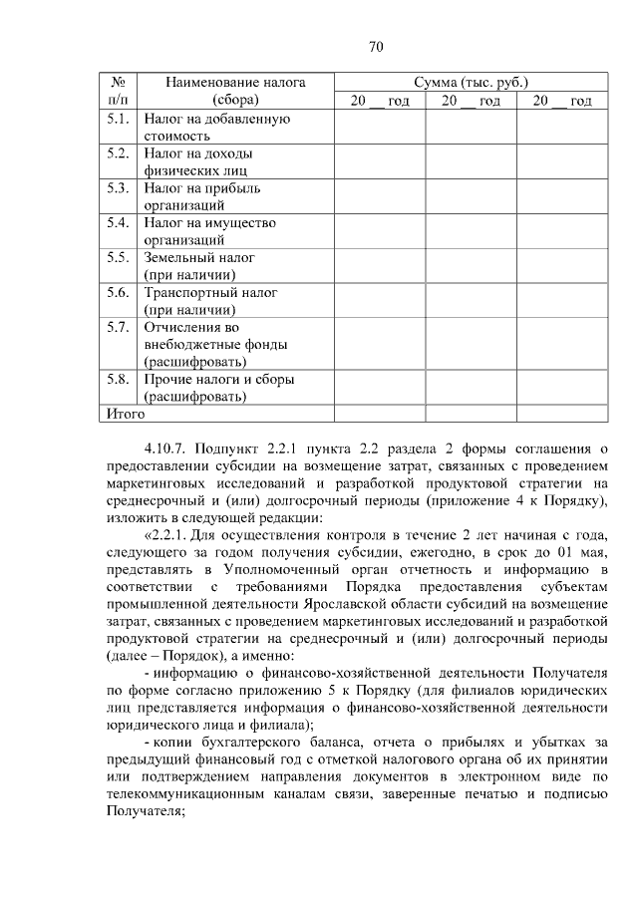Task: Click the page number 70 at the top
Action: (x=376, y=47)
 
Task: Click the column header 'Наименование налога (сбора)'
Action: (x=235, y=91)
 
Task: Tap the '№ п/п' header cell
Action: (x=118, y=91)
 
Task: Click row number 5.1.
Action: (x=118, y=120)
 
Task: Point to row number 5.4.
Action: (x=118, y=222)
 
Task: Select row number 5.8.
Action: (x=118, y=379)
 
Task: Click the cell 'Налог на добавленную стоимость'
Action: (x=217, y=128)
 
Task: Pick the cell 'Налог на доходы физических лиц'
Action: (x=198, y=161)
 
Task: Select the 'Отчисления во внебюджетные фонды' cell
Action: (x=216, y=344)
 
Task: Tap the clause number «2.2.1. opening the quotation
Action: (x=171, y=535)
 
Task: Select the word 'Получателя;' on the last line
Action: (x=145, y=812)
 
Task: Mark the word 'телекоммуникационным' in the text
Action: (x=183, y=794)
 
